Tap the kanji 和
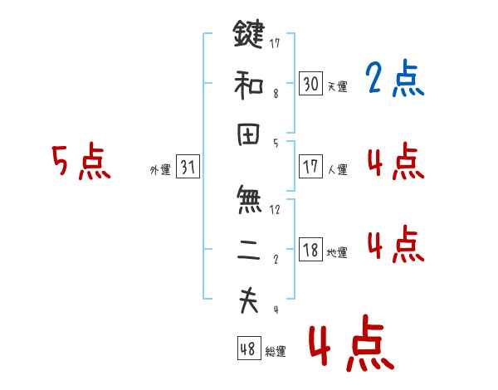(248, 85)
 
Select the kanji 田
(248, 134)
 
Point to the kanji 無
(248, 200)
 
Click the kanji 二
(248, 250)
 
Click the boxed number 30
(310, 84)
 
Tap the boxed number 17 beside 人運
(310, 167)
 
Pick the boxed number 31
(188, 167)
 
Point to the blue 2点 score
(394, 80)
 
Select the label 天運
(338, 87)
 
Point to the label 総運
(276, 352)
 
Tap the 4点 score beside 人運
(394, 161)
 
